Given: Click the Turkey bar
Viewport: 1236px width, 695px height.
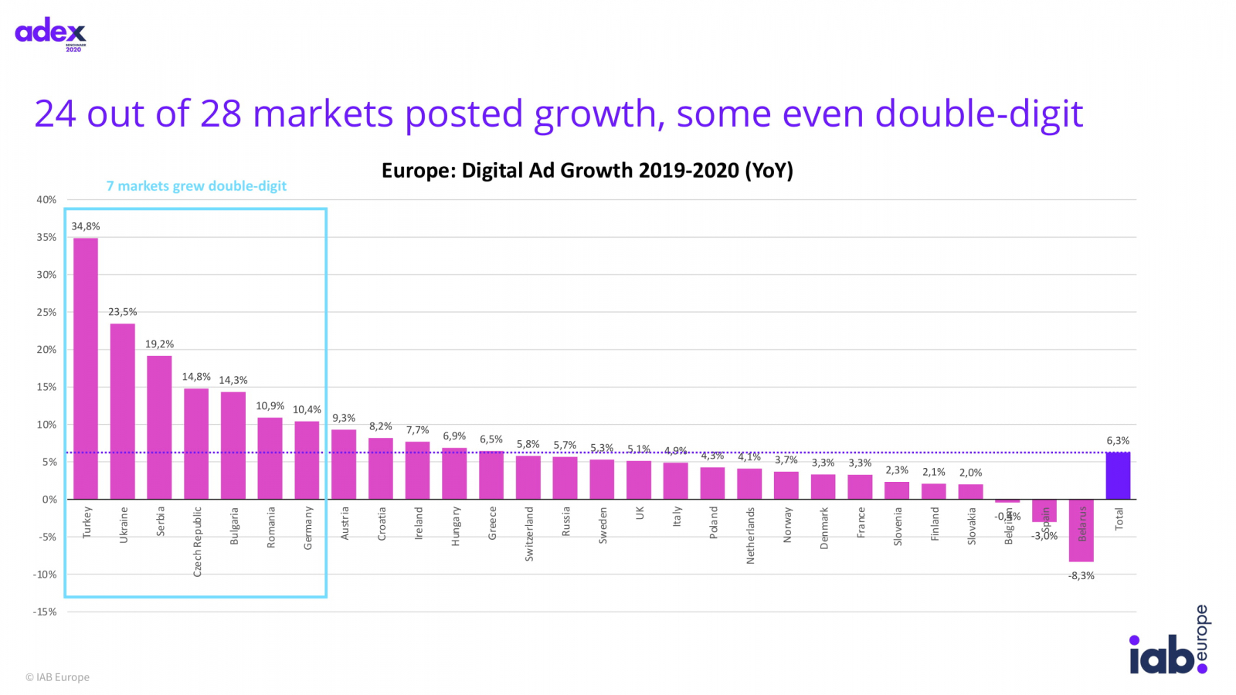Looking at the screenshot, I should [x=86, y=368].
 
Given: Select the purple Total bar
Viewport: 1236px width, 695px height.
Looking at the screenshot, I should [x=1118, y=476].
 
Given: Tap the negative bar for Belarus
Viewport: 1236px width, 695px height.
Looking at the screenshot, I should [x=1081, y=531].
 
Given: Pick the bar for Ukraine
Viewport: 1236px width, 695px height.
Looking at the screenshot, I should [x=123, y=411].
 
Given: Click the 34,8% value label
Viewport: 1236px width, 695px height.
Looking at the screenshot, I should [x=86, y=226].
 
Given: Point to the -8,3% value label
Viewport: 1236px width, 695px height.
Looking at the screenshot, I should [x=1081, y=576].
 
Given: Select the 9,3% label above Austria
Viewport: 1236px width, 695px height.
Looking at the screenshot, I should [x=344, y=418].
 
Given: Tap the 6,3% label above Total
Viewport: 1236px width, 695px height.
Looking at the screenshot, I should [x=1118, y=441].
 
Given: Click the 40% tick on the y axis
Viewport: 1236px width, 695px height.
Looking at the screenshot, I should [x=46, y=199].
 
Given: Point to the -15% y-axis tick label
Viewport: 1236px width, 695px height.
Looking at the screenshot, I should [x=45, y=612].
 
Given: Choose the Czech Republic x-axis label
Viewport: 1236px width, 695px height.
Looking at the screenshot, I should [x=197, y=541].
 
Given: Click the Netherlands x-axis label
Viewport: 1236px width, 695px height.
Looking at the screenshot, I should [x=750, y=535].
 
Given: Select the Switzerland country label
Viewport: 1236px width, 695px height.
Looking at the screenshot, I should [x=529, y=534].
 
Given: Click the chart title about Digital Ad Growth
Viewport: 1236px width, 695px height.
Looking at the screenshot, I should [x=587, y=171].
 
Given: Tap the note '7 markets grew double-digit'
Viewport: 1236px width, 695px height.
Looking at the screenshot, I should [x=196, y=186].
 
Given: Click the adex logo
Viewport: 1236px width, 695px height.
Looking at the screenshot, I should [x=51, y=33].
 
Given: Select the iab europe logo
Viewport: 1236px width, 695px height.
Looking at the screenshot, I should [x=1170, y=642].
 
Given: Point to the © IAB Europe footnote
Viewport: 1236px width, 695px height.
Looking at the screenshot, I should [x=58, y=677].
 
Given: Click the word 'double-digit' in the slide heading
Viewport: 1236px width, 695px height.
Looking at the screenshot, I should [x=980, y=114].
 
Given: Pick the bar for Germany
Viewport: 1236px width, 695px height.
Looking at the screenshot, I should [x=307, y=459].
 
